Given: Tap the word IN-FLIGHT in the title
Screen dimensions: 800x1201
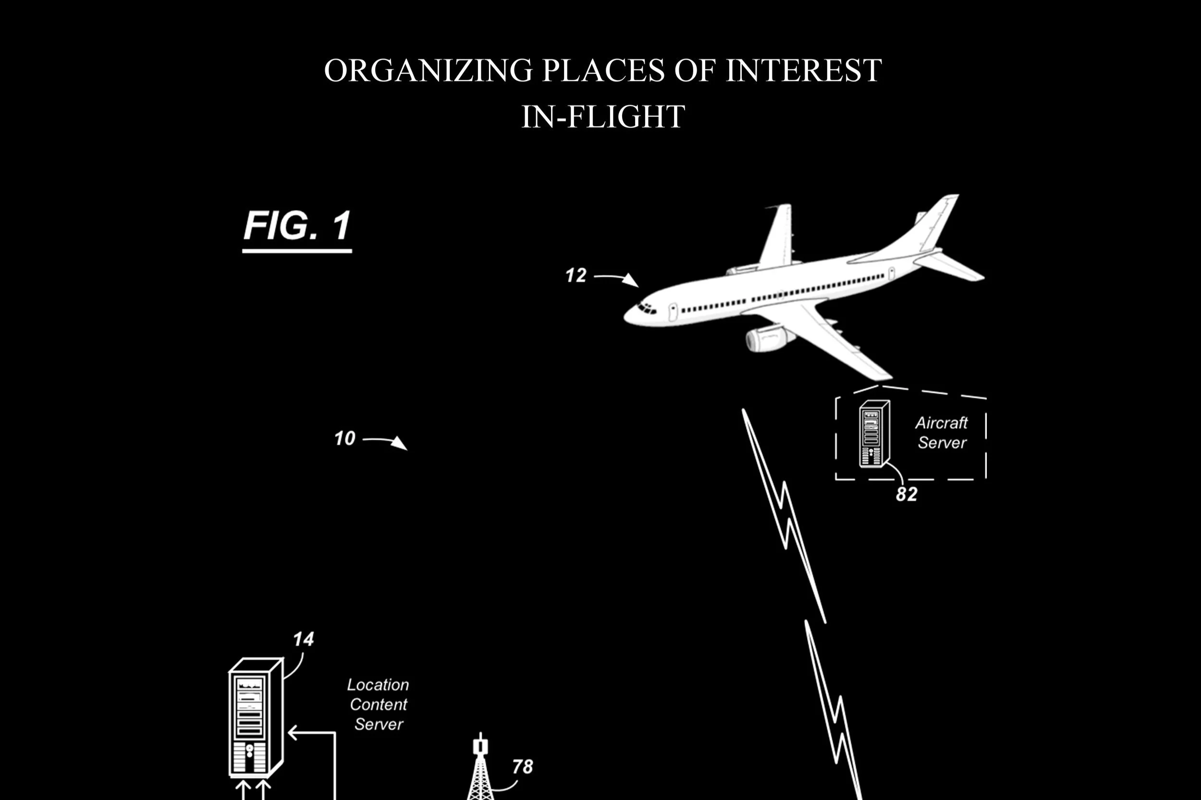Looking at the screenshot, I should click(603, 117).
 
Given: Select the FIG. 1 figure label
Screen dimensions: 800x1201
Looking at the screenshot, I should click(297, 227).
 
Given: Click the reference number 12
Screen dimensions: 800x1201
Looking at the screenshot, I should click(576, 276).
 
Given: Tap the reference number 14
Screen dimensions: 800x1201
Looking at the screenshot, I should click(303, 639).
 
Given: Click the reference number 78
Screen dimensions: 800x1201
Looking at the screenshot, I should click(522, 766).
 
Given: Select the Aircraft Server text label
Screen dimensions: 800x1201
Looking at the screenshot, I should click(942, 433).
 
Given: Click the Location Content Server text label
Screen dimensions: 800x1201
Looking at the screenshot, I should click(378, 704).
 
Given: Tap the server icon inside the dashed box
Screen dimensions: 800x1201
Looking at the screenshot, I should click(874, 434).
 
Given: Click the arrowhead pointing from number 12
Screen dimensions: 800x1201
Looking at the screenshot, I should click(632, 280).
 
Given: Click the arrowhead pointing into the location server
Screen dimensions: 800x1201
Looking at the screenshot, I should click(293, 733).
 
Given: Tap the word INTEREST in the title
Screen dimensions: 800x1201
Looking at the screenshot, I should click(803, 70).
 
